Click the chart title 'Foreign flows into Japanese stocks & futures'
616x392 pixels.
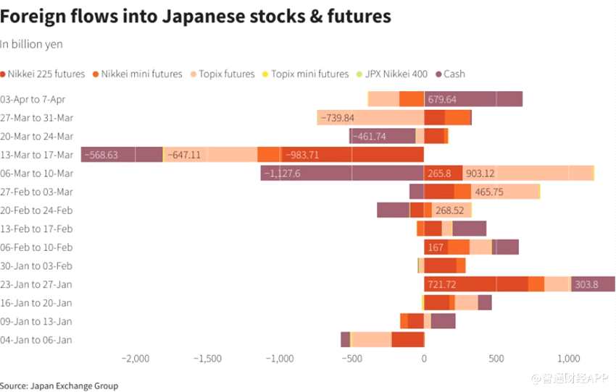click(196, 16)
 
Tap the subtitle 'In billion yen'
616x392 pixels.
click(31, 45)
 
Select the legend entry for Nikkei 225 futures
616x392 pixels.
click(46, 74)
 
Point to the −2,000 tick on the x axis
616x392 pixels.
click(135, 359)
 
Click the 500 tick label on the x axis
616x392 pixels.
click(496, 359)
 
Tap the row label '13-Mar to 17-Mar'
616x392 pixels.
click(37, 155)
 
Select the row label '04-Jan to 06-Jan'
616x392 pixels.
click(37, 340)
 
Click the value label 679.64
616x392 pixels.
click(442, 99)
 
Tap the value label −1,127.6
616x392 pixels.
click(282, 174)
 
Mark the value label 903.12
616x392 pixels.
click(480, 174)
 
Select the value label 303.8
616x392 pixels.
click(586, 284)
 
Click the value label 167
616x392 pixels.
click(436, 247)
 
